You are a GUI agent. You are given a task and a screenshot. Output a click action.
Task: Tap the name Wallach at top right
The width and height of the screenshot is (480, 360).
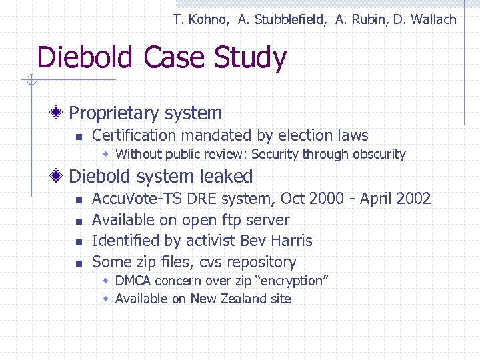433,19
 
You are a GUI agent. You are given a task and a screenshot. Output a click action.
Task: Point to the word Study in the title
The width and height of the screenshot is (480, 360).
250,58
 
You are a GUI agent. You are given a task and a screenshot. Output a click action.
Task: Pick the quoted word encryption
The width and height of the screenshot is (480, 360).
292,281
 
